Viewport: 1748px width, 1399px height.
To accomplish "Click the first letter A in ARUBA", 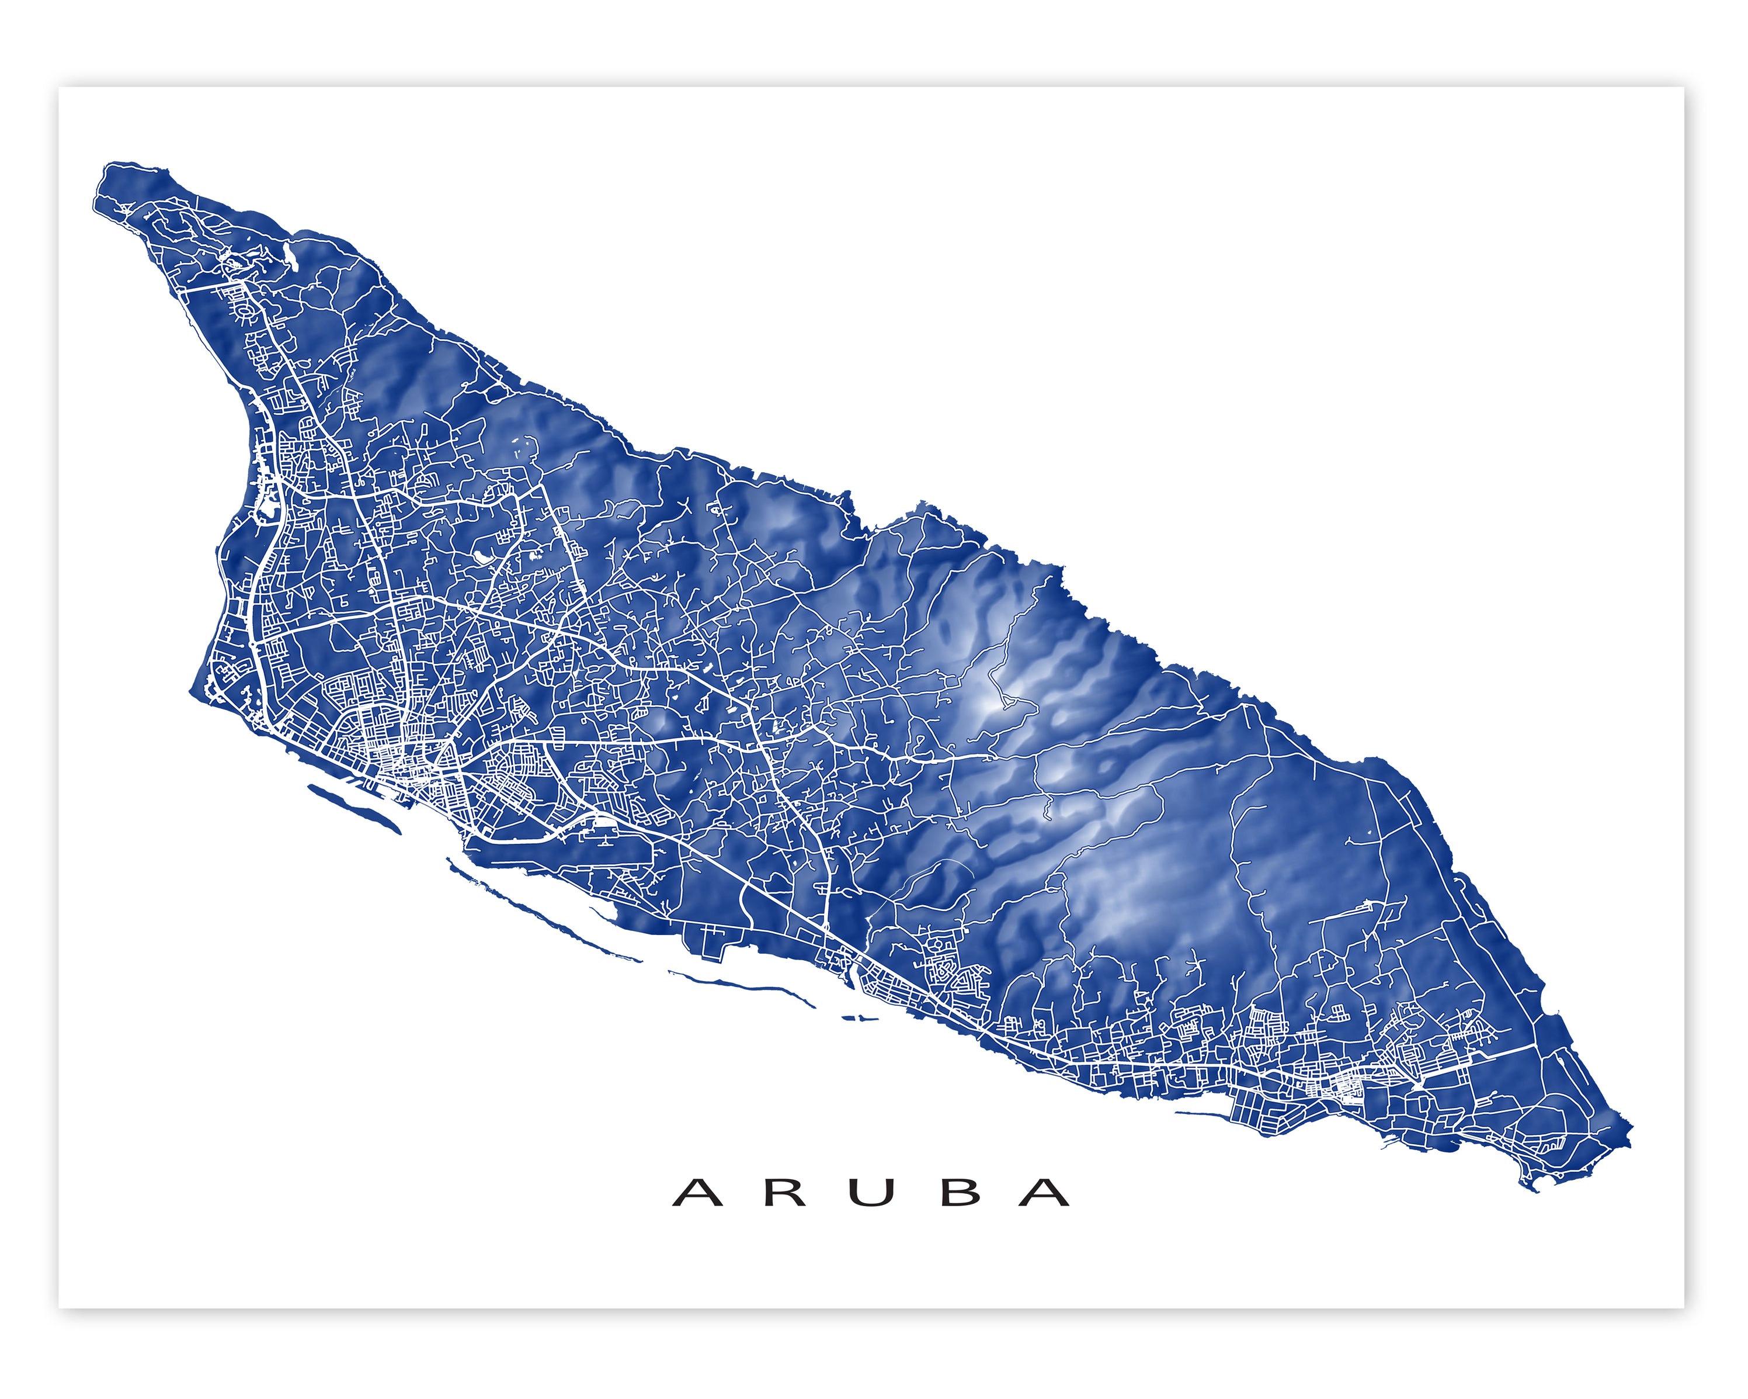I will pyautogui.click(x=697, y=1192).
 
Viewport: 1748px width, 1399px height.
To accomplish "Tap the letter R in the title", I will pyautogui.click(x=784, y=1192).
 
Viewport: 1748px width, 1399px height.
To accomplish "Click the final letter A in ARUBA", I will pyautogui.click(x=1044, y=1192).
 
